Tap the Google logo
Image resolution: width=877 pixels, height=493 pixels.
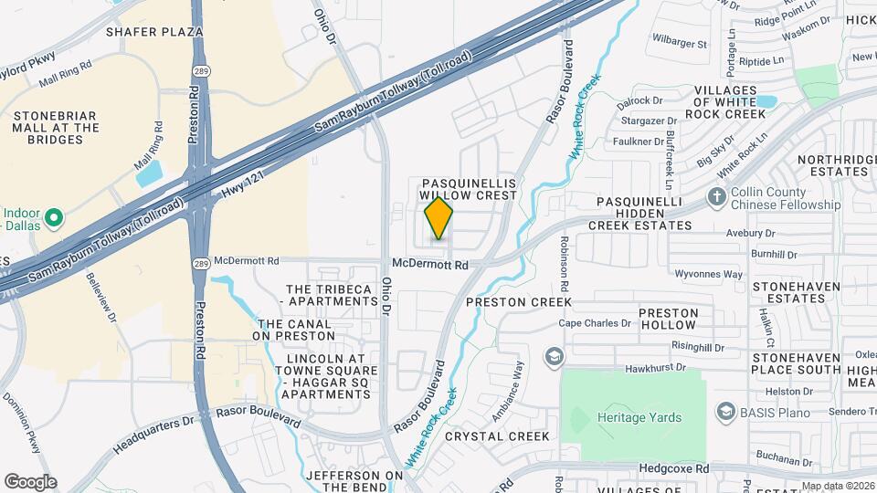click(30, 482)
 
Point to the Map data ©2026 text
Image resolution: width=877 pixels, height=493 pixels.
click(838, 486)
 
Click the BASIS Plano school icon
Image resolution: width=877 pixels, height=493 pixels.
click(725, 411)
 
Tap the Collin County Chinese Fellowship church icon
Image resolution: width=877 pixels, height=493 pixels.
click(717, 197)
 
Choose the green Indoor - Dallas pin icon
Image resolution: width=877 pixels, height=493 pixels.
click(54, 218)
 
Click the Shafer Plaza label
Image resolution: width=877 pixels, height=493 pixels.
click(154, 32)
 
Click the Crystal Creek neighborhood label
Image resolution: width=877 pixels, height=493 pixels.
click(498, 436)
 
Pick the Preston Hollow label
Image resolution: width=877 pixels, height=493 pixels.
click(670, 319)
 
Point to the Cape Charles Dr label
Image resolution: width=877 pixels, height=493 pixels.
click(596, 323)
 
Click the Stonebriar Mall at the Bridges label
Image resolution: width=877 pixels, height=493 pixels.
click(55, 128)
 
